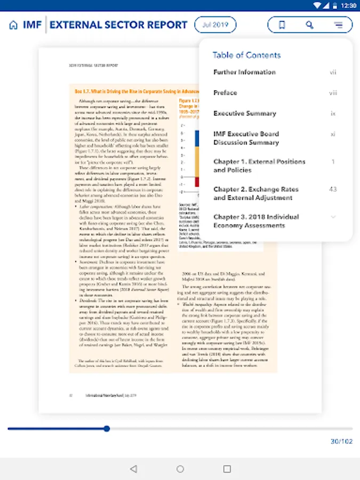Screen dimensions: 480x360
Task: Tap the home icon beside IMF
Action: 13,25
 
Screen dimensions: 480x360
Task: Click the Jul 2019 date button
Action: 215,25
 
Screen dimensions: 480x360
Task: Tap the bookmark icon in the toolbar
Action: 282,25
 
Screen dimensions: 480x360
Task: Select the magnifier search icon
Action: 310,25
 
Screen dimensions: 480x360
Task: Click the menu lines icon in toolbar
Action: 338,25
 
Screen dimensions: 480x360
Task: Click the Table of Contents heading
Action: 246,55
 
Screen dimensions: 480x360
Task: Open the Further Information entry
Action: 245,72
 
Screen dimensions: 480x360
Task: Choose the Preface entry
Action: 225,93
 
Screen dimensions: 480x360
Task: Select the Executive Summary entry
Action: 245,113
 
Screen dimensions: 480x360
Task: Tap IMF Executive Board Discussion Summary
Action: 246,138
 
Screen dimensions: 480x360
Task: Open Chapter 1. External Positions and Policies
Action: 259,166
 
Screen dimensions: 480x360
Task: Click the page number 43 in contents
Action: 333,189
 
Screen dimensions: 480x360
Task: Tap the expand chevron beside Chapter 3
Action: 333,217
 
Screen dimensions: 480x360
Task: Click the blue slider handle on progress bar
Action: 107,428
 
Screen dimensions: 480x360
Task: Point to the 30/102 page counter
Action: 341,441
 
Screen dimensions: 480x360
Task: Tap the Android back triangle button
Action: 133,469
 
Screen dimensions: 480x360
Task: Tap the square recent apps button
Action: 227,469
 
